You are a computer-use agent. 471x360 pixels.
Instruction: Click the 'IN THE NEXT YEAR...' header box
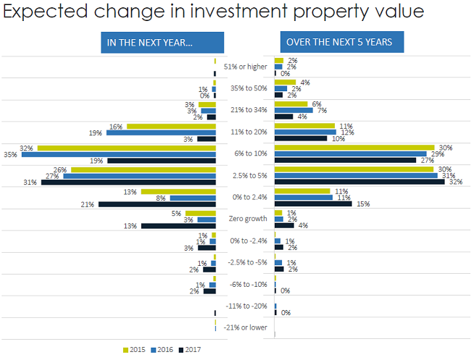click(149, 42)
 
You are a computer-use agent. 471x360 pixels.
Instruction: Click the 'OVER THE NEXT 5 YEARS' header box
click(339, 42)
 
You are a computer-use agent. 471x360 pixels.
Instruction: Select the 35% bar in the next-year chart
click(119, 154)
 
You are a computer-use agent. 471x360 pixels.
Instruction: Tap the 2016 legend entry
click(161, 350)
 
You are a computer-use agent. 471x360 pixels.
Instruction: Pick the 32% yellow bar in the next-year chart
click(127, 148)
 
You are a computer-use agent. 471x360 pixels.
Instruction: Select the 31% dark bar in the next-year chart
click(128, 182)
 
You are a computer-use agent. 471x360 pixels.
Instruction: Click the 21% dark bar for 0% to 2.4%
click(157, 204)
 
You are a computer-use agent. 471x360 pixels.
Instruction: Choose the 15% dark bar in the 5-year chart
click(313, 204)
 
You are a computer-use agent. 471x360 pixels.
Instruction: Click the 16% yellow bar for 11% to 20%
click(171, 126)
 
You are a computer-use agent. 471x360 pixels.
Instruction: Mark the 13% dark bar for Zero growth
click(178, 226)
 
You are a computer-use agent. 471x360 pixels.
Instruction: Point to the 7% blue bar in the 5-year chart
click(294, 110)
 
